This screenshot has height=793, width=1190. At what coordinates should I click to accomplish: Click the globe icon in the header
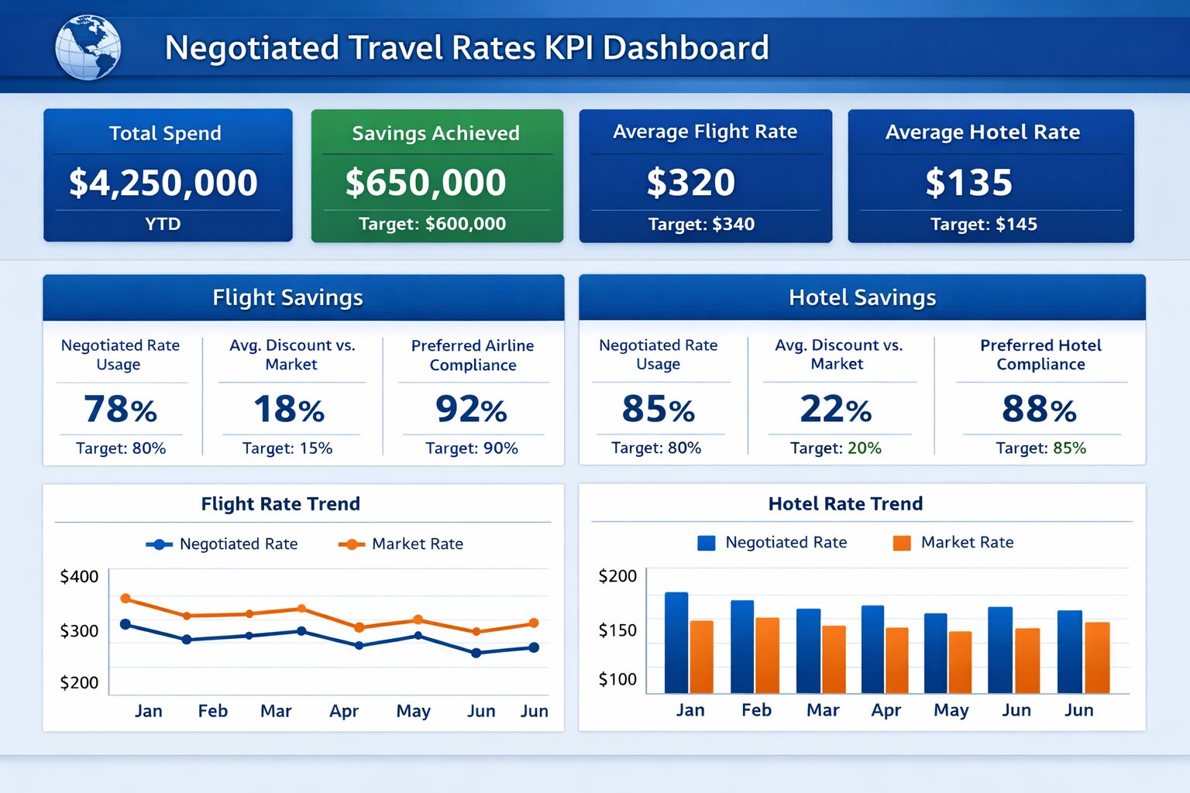tap(88, 47)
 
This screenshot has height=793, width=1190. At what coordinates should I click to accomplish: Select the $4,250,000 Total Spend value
tap(163, 183)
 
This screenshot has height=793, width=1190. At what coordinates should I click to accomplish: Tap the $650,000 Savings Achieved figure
tap(425, 183)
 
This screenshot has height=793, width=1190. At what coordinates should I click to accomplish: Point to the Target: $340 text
tap(701, 225)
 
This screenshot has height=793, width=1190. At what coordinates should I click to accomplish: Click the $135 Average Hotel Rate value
tap(968, 183)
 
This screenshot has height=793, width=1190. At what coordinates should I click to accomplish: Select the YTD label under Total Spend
tap(163, 225)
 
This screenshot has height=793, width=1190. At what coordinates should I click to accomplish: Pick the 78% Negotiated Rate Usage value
tap(120, 409)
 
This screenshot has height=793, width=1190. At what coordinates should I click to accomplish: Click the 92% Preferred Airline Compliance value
tap(471, 409)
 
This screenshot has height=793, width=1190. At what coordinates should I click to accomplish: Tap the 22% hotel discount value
tap(835, 409)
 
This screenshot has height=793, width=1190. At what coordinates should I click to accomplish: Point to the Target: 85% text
tap(1040, 448)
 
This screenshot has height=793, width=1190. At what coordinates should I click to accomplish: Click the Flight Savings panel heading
tap(287, 297)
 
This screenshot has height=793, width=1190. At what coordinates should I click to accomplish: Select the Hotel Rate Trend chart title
tap(845, 504)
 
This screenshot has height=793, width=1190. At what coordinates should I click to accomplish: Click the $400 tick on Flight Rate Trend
tap(79, 577)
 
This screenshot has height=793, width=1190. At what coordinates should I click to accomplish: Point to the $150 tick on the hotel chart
tap(617, 630)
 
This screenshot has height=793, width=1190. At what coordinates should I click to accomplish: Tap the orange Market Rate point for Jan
tap(126, 599)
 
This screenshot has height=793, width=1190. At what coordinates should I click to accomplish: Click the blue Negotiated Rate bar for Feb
tap(742, 646)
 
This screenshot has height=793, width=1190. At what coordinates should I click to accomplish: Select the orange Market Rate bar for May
tap(960, 662)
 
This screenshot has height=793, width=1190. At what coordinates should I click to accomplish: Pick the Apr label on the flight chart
tap(344, 711)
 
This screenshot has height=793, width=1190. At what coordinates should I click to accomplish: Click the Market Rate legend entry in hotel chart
tap(954, 543)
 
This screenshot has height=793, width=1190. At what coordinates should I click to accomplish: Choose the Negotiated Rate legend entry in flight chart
tap(222, 544)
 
